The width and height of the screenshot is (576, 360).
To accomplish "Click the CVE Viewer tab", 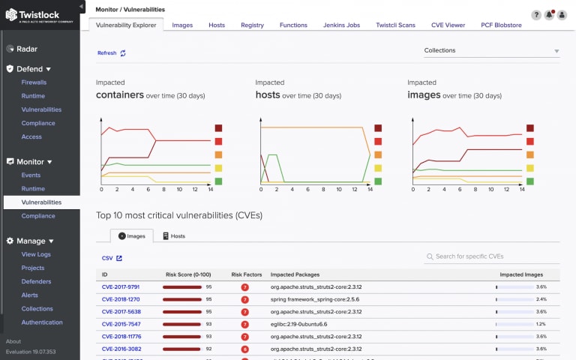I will [448, 25].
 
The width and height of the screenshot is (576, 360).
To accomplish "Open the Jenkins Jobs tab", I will [341, 25].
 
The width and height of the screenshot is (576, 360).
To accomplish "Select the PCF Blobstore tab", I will [501, 25].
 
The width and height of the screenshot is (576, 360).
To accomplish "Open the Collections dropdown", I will [491, 51].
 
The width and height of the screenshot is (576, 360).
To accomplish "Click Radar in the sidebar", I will [27, 49].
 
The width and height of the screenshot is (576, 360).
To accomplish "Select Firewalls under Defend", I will [34, 82].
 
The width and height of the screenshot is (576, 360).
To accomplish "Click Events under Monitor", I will [31, 175].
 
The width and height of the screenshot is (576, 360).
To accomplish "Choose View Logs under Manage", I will [36, 255].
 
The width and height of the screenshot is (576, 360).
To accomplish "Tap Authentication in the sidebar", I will [42, 322].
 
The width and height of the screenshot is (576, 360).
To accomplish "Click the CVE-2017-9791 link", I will [121, 286].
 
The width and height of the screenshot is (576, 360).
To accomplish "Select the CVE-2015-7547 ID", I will [121, 324].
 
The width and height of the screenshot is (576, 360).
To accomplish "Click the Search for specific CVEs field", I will [491, 256].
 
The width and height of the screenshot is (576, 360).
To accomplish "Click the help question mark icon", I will [536, 15].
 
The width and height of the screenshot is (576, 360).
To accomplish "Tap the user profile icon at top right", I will [562, 15].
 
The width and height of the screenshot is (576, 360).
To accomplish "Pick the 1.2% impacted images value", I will [541, 324].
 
